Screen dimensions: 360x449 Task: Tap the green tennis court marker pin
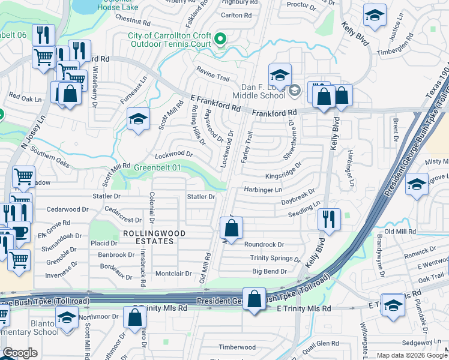(x=220, y=40)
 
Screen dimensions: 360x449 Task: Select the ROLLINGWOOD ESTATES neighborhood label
(x=148, y=236)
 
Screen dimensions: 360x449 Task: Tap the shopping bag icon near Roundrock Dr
(x=231, y=228)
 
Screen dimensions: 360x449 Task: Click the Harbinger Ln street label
(x=262, y=190)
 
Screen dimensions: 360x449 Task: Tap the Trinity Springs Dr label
(x=275, y=258)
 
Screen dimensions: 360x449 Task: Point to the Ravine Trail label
(x=213, y=77)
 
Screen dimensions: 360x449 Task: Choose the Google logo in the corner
(x=20, y=353)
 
